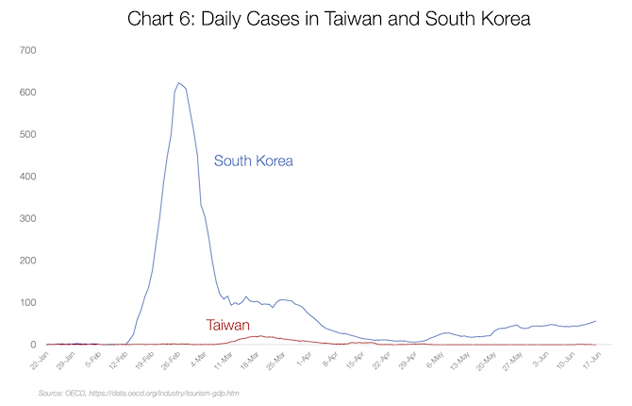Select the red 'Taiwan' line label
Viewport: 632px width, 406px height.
point(227,325)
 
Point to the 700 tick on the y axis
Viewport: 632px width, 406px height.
point(27,49)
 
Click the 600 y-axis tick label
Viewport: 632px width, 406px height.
point(27,92)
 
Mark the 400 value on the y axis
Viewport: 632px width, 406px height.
point(27,177)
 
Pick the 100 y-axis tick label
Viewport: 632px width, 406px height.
point(27,303)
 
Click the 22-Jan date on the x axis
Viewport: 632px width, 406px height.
point(39,362)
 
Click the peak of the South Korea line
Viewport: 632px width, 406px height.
point(178,83)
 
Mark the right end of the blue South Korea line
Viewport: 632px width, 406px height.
point(595,321)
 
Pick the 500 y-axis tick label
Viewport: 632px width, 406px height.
point(27,134)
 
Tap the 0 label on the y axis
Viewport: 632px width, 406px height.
point(33,345)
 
